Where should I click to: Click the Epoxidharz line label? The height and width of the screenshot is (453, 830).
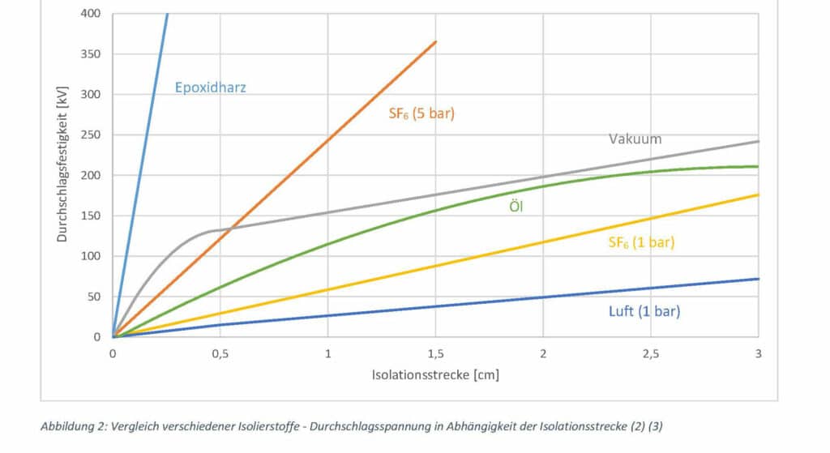[x=210, y=88]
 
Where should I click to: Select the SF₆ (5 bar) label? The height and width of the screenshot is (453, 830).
[x=421, y=113]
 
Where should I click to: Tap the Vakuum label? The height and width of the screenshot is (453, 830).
[x=635, y=139]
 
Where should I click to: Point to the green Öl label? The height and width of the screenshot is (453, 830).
[x=516, y=207]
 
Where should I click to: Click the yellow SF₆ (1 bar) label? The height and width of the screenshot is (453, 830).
[x=641, y=241]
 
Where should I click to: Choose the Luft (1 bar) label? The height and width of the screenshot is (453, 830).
[x=644, y=311]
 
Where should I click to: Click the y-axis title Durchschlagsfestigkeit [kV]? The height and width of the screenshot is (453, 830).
[x=62, y=166]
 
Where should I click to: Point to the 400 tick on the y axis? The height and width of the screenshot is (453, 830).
[x=92, y=14]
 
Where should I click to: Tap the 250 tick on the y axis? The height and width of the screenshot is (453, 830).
[x=92, y=135]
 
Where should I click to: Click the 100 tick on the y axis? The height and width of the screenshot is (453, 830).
[x=92, y=256]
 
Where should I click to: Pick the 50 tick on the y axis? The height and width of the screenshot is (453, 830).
[x=95, y=297]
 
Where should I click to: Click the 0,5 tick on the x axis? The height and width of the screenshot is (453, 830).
[x=220, y=353]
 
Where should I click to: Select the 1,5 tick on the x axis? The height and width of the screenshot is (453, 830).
[x=435, y=353]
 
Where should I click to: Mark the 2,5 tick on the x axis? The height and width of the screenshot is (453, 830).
[x=651, y=353]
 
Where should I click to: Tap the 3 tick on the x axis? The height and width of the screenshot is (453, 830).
[x=759, y=353]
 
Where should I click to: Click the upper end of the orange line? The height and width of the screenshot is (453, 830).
[x=435, y=41]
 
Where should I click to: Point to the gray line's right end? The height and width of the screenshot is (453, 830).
[x=758, y=142]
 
